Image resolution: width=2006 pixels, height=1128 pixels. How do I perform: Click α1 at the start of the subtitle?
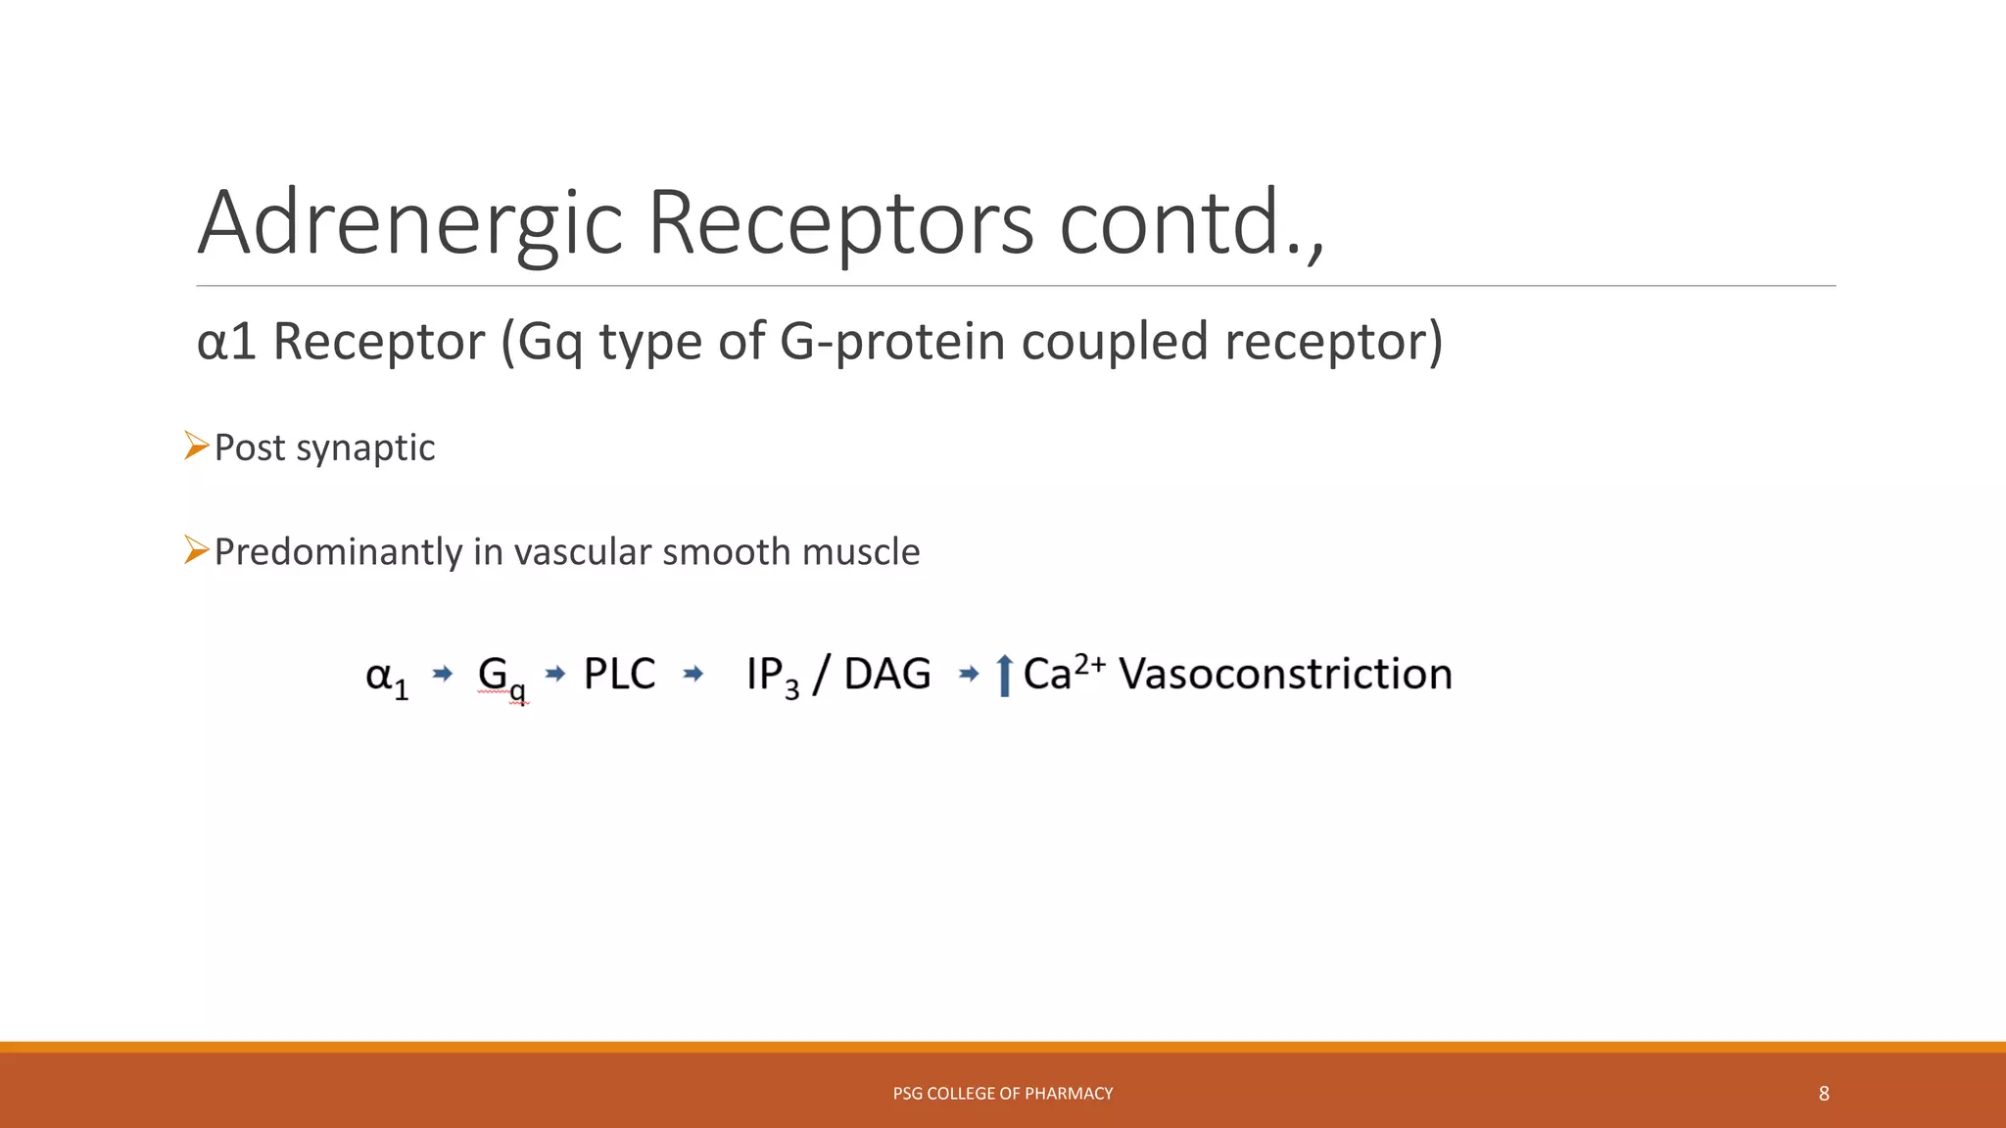tap(226, 342)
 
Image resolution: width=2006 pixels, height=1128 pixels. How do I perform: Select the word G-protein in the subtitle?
tap(892, 342)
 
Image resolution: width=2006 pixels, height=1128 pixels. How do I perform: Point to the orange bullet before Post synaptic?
tap(197, 446)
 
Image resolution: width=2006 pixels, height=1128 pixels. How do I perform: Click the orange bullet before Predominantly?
tap(197, 551)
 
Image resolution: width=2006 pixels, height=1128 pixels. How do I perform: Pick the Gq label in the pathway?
tap(501, 677)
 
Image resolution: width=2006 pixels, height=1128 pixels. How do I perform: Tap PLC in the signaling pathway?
tap(619, 674)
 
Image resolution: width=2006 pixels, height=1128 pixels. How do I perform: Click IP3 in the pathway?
tap(772, 676)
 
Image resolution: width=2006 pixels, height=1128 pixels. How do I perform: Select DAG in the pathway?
tap(887, 674)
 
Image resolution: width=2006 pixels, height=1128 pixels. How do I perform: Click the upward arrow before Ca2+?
tap(1003, 676)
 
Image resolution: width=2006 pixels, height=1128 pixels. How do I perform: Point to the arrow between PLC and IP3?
tap(693, 674)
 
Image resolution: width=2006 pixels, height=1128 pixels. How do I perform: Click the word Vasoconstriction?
tap(1285, 674)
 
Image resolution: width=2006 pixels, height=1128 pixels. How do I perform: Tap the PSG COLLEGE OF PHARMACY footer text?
tap(1002, 1094)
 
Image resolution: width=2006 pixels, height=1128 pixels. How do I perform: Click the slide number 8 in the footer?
tap(1824, 1094)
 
